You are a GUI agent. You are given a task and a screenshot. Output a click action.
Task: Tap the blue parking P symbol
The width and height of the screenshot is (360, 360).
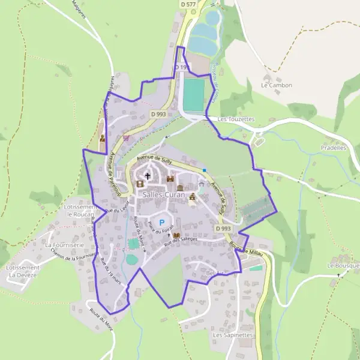click(x=161, y=223)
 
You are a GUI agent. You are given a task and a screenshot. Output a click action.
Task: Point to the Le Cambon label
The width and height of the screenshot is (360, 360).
click(x=277, y=85)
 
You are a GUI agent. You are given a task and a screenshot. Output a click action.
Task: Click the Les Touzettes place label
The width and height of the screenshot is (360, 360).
click(x=236, y=119)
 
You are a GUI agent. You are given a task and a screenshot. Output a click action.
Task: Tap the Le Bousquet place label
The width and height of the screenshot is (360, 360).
click(x=343, y=265)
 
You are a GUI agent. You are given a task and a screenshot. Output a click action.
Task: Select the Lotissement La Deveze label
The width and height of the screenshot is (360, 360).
click(x=22, y=271)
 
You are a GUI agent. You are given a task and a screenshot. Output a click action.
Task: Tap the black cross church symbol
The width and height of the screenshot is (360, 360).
click(x=148, y=176)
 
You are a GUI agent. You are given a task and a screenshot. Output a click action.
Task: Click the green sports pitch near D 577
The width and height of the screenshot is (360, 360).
click(x=194, y=95)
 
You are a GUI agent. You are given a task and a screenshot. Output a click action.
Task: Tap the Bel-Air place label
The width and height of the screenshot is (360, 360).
click(x=214, y=274)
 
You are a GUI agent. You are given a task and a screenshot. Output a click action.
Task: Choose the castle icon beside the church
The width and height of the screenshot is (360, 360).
click(x=170, y=178)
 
